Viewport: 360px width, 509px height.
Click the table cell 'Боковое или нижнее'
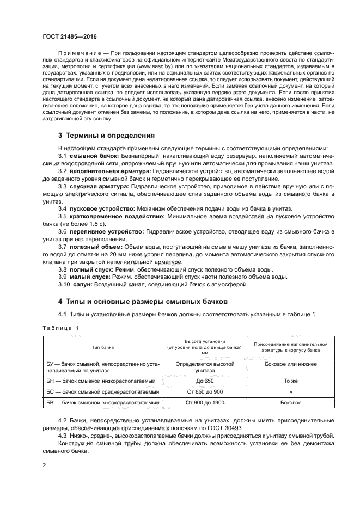[290, 363]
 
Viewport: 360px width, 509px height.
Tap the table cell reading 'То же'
[290, 381]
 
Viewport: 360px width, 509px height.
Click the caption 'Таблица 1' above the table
[60, 328]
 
